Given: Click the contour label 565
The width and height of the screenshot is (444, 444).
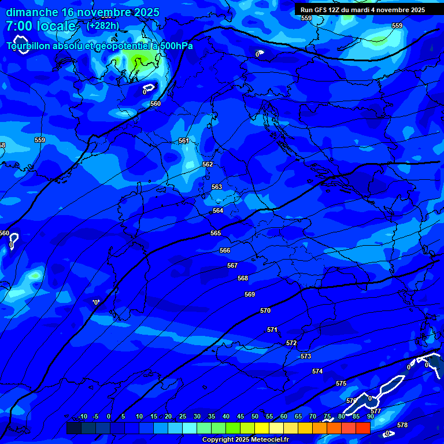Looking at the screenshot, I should coord(216,233).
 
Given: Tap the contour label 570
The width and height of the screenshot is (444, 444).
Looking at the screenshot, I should coord(265,310).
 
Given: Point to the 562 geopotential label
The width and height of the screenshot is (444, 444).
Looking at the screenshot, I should coord(208,164).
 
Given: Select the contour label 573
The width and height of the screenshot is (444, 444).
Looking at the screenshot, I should coord(306,356).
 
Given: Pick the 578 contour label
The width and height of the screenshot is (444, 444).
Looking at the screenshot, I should coord(402,425).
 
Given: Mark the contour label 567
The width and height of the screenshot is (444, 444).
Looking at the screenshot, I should coord(232,265).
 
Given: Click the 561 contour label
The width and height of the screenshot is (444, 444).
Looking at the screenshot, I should coord(184,140).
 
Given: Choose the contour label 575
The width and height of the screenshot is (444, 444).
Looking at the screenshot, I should coord(341,383).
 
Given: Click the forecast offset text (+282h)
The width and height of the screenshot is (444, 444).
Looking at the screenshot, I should coord(103,25).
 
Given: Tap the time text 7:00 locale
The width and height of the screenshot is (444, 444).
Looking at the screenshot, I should coord(40,27).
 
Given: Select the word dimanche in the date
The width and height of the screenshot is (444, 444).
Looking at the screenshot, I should coord(32,12).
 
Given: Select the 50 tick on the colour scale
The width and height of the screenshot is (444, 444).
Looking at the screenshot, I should coord(255,417).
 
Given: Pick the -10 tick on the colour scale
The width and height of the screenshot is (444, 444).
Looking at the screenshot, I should coord(82,417).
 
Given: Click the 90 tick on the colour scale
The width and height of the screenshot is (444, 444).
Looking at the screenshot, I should coord(371,417).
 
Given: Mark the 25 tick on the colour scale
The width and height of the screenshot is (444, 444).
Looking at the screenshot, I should coord(183,417).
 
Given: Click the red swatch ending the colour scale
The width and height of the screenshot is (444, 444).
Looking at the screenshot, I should coord(362,428).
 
